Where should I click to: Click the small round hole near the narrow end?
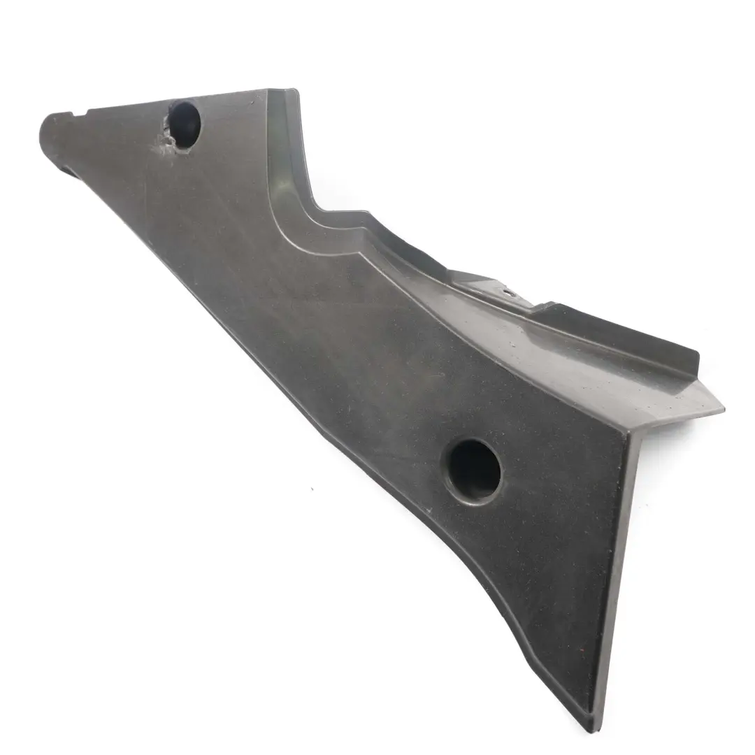pos(185,124)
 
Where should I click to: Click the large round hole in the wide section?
pos(474,471)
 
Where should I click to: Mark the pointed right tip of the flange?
pos(722,407)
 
